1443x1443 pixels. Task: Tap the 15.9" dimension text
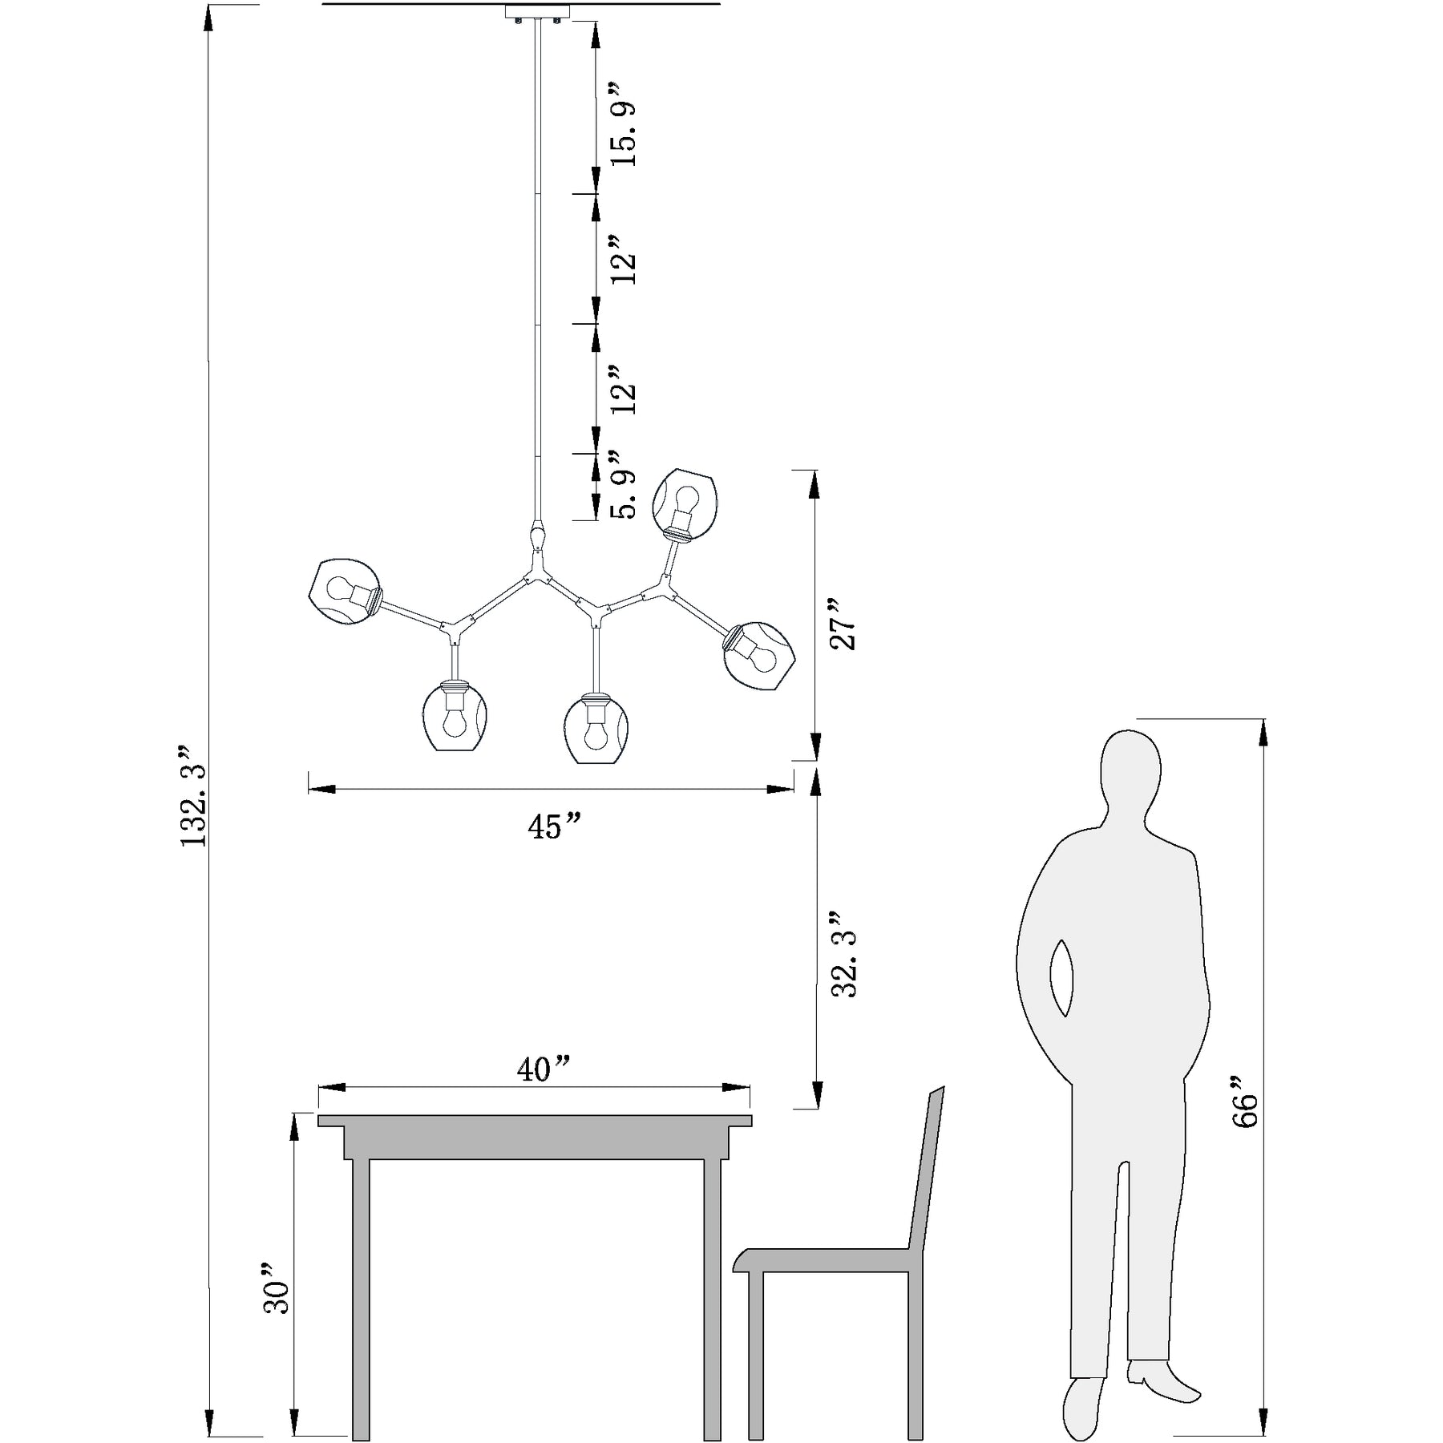pos(623,123)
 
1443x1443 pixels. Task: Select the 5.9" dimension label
pos(623,484)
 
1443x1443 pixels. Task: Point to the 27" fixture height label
pos(843,623)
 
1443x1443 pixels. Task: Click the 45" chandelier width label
pos(553,827)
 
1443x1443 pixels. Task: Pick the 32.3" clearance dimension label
pos(844,953)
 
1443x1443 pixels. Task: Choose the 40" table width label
pos(544,1069)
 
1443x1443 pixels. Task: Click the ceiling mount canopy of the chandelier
pos(537,12)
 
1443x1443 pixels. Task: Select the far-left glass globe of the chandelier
pos(344,592)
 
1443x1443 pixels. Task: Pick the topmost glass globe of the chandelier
pos(685,503)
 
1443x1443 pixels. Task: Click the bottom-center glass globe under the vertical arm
pos(595,728)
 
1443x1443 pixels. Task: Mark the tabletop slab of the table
pos(535,1120)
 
